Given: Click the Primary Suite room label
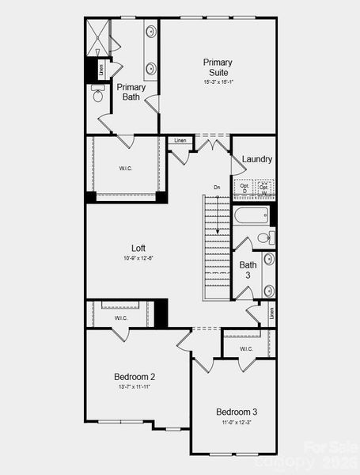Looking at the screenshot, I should coord(218,67).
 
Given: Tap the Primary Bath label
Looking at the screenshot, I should coord(131,92).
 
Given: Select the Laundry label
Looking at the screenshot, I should coord(257,159).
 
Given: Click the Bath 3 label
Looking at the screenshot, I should coord(248,270).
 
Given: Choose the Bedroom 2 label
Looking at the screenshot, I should coord(135,377).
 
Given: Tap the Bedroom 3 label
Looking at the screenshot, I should coord(237,412).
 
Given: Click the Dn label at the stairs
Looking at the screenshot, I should coord(217,188).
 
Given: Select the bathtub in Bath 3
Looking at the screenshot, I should coord(252,215).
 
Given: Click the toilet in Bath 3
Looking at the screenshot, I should coord(264,237).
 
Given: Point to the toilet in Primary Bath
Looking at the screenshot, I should coord(98,97).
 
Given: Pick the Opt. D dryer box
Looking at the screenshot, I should coord(244,188).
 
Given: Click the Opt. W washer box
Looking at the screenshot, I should coord(264,188).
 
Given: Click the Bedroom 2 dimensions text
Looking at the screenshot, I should coord(135,387).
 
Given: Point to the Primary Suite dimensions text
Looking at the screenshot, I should coord(218,81).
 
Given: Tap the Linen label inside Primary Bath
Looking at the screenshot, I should coord(102,69).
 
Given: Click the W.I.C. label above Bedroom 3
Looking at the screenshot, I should coord(246,348).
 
